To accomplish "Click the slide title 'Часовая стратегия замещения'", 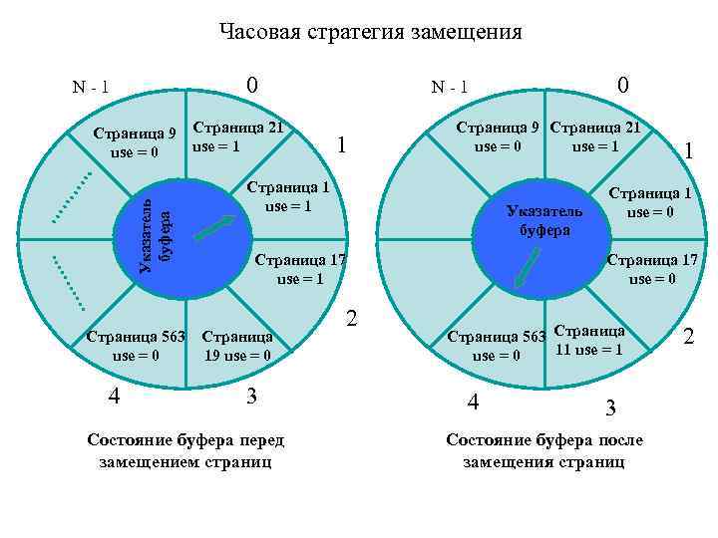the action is pyautogui.click(x=370, y=33).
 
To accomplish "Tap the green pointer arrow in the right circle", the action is pyautogui.click(x=528, y=266).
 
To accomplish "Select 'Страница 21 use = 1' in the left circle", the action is pyautogui.click(x=238, y=137).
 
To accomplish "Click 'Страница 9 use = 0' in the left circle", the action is pyautogui.click(x=135, y=142).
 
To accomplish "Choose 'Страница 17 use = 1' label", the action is pyautogui.click(x=300, y=270).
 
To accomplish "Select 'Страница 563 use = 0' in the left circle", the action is pyautogui.click(x=137, y=344).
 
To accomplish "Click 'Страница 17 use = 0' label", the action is pyautogui.click(x=647, y=270).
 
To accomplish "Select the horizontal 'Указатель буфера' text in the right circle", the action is pyautogui.click(x=543, y=220).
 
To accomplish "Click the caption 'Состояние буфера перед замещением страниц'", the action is pyautogui.click(x=185, y=450).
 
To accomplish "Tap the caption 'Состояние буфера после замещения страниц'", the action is pyautogui.click(x=544, y=450).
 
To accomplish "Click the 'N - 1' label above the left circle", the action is pyautogui.click(x=91, y=89).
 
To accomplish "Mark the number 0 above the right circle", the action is pyautogui.click(x=623, y=86).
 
